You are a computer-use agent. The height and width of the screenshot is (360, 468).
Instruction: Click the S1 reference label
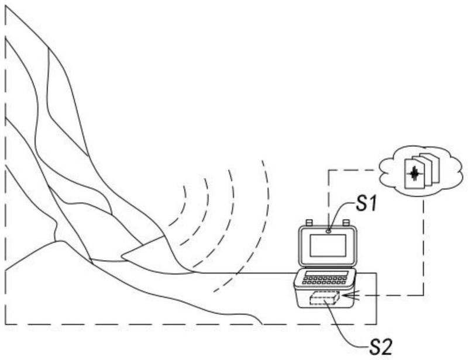pos(367,204)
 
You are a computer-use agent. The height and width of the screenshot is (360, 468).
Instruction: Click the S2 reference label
pos(381,347)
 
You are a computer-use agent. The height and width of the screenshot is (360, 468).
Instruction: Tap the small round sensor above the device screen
pos(329,231)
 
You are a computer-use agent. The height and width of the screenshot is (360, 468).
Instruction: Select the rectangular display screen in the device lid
pos(328,245)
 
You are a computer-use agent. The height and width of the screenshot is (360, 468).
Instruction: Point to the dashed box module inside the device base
pos(325,297)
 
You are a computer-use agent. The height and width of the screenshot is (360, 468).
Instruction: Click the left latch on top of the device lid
pos(309,223)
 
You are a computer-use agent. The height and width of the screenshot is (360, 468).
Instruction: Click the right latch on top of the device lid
pos(346,223)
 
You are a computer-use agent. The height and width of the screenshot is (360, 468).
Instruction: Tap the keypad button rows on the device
pos(324,280)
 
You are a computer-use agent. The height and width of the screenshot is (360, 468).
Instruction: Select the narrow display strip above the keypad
pos(326,274)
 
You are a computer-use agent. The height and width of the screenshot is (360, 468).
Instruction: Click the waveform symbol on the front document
pos(414,174)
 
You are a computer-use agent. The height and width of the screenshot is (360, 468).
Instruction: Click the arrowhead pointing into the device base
pos(348,295)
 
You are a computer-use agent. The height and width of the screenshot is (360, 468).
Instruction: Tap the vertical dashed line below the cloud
pos(424,248)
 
